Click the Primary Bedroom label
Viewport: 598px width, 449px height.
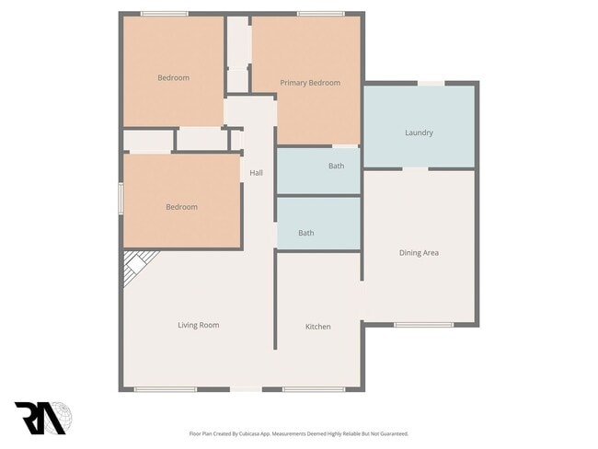tap(310, 83)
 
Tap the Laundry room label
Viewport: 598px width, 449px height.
tap(419, 132)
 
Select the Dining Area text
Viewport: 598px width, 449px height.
tap(419, 252)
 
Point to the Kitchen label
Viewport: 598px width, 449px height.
tap(318, 327)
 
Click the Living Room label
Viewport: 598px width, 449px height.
tap(198, 325)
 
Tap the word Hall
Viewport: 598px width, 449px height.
tap(257, 172)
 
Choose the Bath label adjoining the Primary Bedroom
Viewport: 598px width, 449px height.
tap(337, 166)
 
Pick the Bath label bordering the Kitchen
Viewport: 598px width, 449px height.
tap(306, 233)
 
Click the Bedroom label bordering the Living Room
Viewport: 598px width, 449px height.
tap(181, 207)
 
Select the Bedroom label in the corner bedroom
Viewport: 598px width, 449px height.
tap(173, 78)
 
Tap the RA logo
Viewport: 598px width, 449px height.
tap(43, 418)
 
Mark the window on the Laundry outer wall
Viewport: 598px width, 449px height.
tap(431, 84)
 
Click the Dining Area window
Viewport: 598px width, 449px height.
tap(424, 324)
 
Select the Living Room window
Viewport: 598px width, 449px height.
tap(165, 389)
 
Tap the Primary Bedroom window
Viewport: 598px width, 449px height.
tap(321, 13)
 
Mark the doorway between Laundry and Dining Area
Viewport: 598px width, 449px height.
tap(415, 168)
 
